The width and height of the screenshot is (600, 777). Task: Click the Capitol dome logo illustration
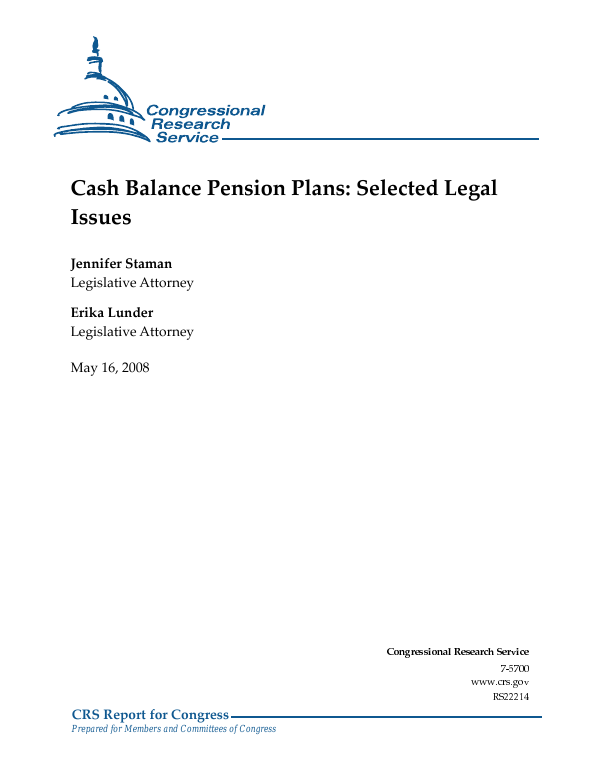coord(100,95)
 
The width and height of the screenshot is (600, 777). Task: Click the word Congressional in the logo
coord(205,111)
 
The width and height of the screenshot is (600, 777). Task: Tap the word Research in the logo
coord(191,124)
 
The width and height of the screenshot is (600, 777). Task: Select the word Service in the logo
coord(187,137)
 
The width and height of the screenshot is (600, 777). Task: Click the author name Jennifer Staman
coord(121,265)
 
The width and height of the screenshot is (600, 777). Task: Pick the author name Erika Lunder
coord(111,313)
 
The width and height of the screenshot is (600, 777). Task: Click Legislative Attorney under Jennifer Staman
coord(132,283)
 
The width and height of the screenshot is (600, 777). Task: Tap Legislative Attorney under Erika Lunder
coord(132,331)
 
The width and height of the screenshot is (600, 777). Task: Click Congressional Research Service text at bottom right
coord(458,651)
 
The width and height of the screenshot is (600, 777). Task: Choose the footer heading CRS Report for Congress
coord(150,714)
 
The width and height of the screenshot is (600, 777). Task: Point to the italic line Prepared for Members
coord(173,729)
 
